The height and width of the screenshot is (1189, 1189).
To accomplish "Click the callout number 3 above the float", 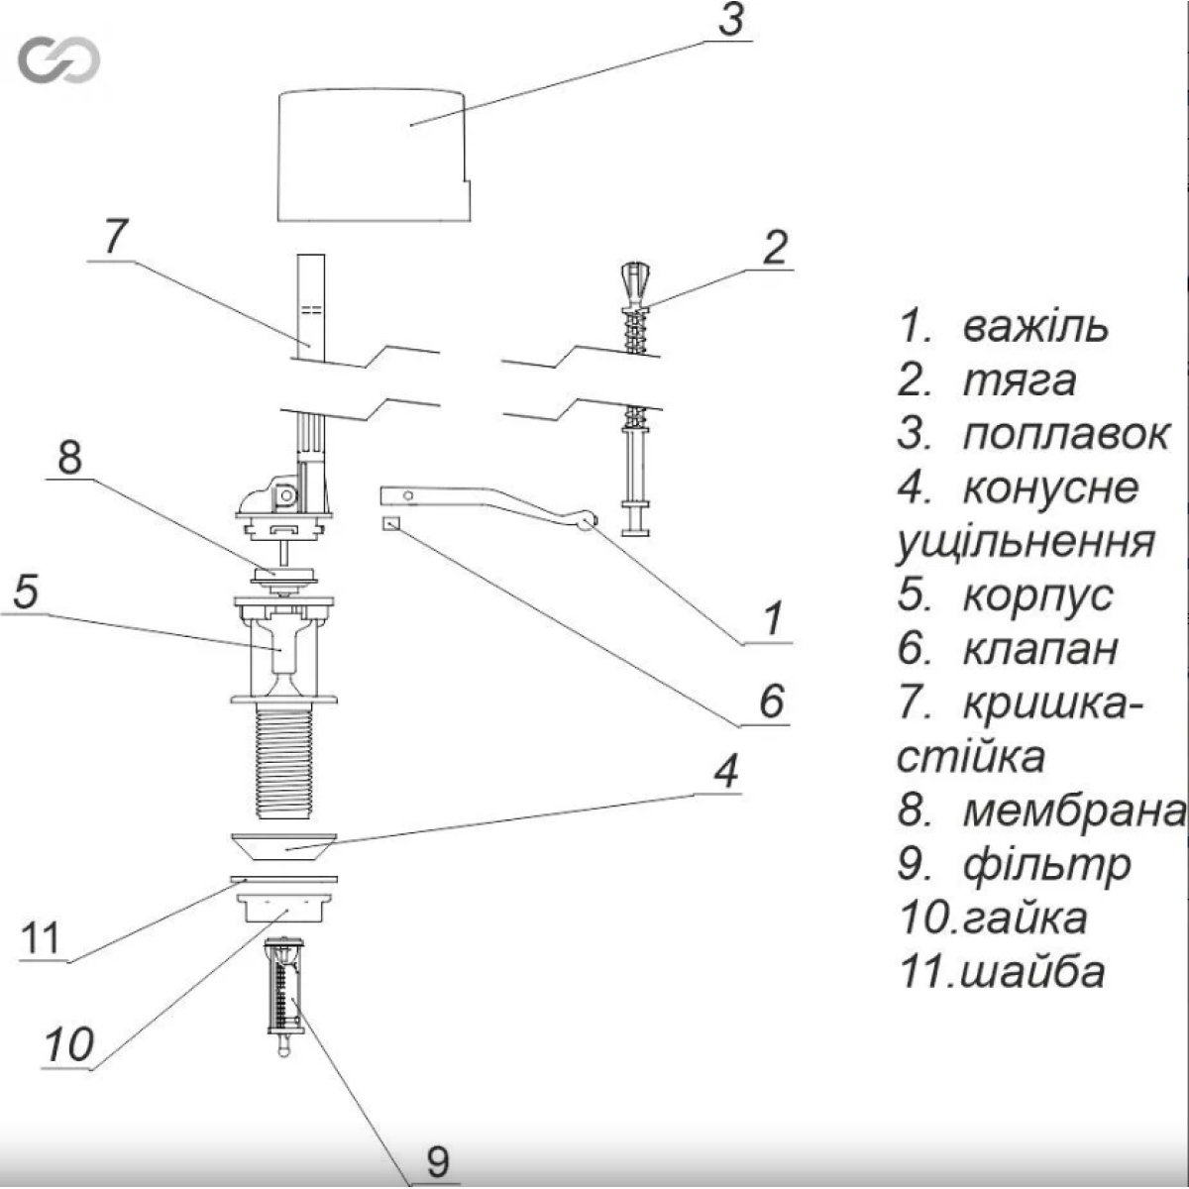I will [x=730, y=20].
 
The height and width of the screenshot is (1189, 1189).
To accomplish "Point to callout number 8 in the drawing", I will [x=69, y=459].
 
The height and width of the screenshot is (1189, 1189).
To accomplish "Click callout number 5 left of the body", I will [x=26, y=592].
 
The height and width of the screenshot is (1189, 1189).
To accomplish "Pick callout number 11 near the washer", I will [x=42, y=937].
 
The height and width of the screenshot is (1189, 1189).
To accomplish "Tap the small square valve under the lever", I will [x=389, y=523].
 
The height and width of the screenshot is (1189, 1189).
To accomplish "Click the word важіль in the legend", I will [x=1035, y=326].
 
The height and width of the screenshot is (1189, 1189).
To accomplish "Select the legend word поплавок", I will [x=1065, y=434].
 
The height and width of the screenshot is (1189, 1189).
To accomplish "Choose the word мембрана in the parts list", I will [x=1074, y=811].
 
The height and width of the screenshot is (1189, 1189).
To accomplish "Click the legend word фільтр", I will [x=1046, y=864].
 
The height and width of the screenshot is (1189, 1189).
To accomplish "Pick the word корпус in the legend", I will [x=1037, y=595].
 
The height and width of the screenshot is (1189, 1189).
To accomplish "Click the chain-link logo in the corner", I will [x=58, y=61].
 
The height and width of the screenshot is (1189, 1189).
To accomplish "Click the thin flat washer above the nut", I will [x=284, y=878].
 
